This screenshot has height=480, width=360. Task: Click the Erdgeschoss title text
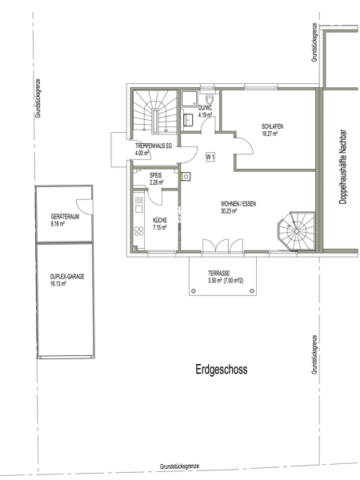tap(222, 370)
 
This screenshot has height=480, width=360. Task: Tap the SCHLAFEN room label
tap(272, 126)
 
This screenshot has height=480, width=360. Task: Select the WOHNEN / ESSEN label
tap(238, 204)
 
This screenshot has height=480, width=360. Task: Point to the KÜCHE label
tap(159, 220)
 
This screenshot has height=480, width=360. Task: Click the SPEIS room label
tap(155, 176)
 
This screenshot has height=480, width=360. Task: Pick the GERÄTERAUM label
tap(65, 217)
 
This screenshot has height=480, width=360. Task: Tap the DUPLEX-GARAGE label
tap(67, 277)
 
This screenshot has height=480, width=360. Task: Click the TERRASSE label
tap(219, 273)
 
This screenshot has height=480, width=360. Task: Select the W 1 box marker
tap(210, 158)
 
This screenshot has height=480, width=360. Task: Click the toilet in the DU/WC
tap(210, 99)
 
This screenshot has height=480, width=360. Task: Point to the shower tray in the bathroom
tap(190, 98)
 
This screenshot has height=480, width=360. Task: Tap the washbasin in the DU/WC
tap(188, 119)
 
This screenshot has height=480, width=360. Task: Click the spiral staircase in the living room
tap(296, 231)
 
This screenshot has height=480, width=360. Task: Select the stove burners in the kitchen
tap(138, 231)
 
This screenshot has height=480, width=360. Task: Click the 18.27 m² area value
tap(270, 134)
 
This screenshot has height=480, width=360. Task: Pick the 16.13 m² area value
tap(58, 284)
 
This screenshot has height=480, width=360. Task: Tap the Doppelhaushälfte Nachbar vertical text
tap(342, 167)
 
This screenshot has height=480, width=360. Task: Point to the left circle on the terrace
tap(193, 291)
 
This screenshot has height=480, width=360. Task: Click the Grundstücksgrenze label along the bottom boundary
tap(179, 466)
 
